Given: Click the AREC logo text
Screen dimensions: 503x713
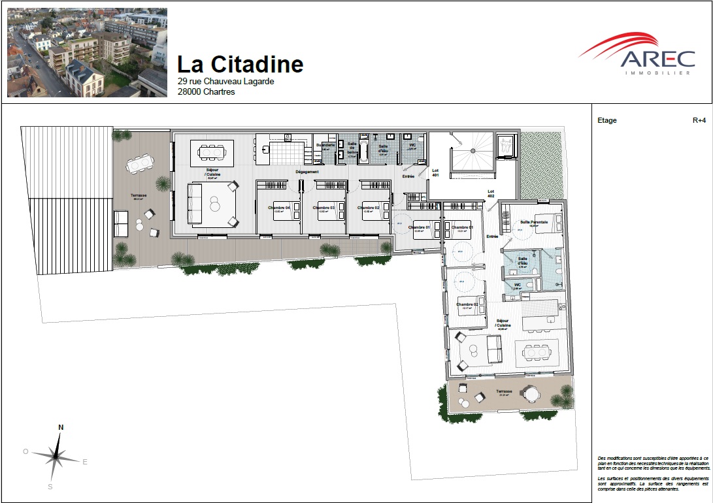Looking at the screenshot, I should (x=657, y=59).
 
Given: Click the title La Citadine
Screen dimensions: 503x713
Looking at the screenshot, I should (x=240, y=64).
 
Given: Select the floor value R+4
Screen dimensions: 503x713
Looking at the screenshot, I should (x=699, y=120).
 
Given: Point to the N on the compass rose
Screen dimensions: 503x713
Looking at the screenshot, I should (x=61, y=427).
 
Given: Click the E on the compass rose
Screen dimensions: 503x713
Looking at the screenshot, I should (x=85, y=461).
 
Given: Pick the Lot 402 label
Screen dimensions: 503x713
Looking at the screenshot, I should (x=491, y=194).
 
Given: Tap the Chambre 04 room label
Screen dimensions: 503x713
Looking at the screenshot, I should (x=279, y=208).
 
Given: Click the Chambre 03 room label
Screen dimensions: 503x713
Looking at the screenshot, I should (x=323, y=208).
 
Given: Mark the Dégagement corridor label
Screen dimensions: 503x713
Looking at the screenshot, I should (x=307, y=172).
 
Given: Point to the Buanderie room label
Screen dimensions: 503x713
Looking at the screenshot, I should (x=325, y=144).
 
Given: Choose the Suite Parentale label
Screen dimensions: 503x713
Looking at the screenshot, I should (x=534, y=222).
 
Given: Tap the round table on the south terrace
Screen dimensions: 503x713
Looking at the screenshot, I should (x=529, y=394).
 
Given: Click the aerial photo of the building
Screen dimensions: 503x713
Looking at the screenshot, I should (x=87, y=52).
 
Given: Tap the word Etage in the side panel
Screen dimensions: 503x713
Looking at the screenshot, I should (x=607, y=120).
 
